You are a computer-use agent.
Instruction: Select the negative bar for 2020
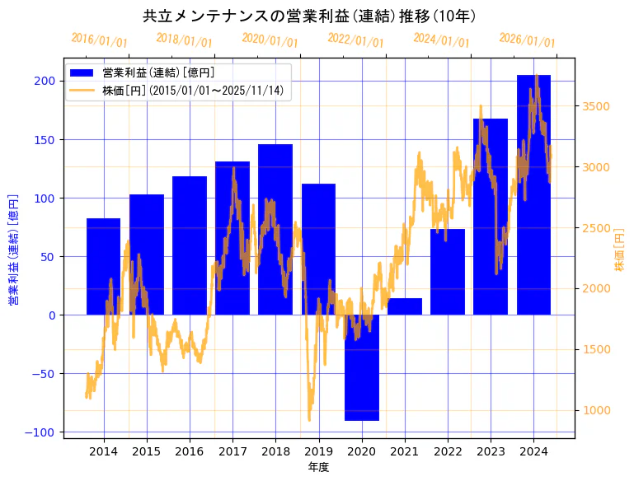(362, 367)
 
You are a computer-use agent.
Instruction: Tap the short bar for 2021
(405, 306)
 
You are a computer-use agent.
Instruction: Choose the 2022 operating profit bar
(448, 272)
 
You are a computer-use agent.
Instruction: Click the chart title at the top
(309, 16)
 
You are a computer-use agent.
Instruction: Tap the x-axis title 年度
(317, 467)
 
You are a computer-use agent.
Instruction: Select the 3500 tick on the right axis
(596, 106)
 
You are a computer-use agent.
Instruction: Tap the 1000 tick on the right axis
(596, 410)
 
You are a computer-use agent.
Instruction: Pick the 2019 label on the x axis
(318, 451)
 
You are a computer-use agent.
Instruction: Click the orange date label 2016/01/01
(99, 40)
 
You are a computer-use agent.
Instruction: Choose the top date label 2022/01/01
(355, 40)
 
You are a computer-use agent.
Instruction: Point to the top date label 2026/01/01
(527, 40)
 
